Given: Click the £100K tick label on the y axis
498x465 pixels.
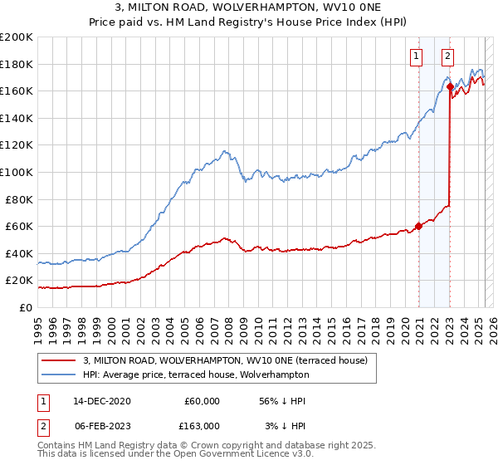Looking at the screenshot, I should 17,172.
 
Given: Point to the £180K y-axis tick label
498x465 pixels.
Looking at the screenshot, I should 17,64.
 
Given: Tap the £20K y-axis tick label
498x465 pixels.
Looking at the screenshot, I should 20,281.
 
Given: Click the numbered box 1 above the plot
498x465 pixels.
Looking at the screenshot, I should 416,56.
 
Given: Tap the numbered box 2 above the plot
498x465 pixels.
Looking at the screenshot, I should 447,56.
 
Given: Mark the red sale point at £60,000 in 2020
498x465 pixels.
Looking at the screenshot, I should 419,225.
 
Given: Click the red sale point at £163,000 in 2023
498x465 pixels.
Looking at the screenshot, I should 450,86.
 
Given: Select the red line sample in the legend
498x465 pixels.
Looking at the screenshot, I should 58,360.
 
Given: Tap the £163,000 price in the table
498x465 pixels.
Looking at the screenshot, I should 202,426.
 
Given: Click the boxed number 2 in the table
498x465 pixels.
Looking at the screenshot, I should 42,426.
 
